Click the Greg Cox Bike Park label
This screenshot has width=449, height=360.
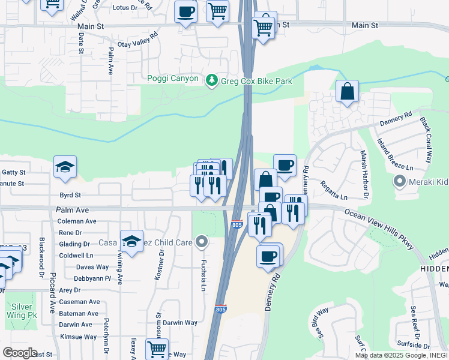tap(256, 81)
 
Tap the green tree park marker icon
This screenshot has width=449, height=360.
tap(211, 80)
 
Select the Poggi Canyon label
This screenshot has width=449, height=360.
tap(173, 79)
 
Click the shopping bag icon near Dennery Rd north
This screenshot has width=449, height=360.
tap(347, 92)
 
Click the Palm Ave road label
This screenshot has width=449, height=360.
tap(73, 211)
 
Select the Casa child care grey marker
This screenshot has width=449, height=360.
tap(202, 242)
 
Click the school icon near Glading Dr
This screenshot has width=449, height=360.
tap(131, 241)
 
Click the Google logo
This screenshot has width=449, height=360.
tap(20, 353)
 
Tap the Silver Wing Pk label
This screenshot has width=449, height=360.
tap(22, 310)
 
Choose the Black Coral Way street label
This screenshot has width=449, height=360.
tap(426, 140)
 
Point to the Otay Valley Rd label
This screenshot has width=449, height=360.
tap(137, 40)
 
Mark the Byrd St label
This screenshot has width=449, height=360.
tap(70, 195)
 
